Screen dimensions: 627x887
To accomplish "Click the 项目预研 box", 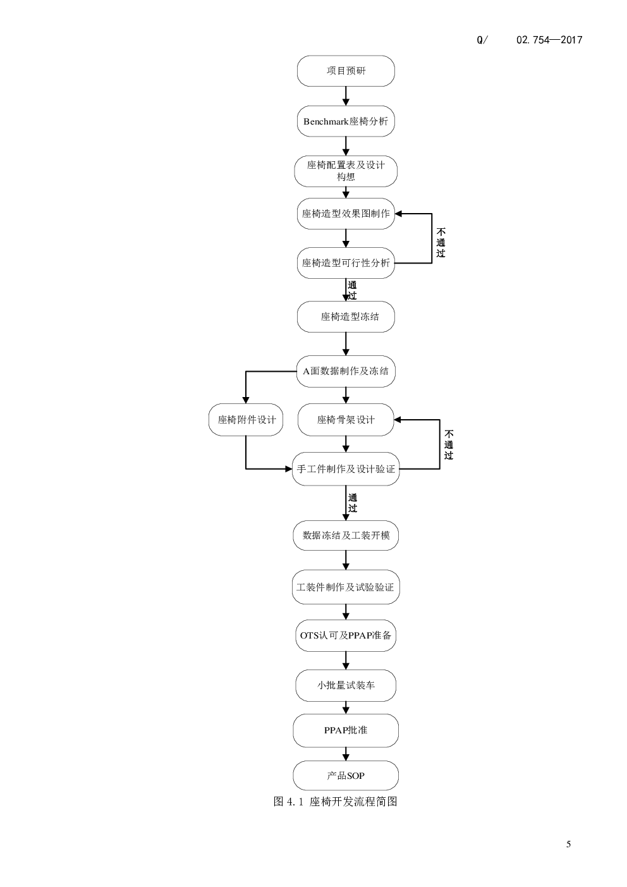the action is coord(346,71).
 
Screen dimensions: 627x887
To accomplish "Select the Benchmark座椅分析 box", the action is coord(346,121).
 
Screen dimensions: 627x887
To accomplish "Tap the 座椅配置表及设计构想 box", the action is coord(346,171).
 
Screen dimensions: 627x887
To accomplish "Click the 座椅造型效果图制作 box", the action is coord(346,214).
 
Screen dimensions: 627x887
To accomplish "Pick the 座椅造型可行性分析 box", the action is coord(346,263).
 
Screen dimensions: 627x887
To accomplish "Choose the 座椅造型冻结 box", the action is coord(346,317).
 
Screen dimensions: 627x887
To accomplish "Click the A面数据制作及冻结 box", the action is coord(346,371).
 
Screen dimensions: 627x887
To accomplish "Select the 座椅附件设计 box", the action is coord(246,420).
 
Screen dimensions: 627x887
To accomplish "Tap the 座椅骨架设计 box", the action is coord(346,420).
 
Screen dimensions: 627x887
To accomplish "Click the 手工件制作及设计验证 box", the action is coord(346,469).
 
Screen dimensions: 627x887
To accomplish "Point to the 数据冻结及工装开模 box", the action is coord(346,535).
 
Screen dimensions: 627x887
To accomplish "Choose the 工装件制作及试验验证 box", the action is coord(346,587).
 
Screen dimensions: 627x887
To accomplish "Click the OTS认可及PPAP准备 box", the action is coord(346,635).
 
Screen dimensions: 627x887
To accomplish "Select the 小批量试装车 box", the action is coord(346,685).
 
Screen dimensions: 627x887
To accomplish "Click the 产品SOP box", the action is coord(346,775).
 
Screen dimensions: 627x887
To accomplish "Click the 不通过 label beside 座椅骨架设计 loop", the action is coord(449,444).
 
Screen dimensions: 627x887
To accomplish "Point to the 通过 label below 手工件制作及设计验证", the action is coord(352,503).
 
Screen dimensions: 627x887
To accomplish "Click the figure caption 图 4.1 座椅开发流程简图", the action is coord(335,802).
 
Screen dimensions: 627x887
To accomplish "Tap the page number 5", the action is coord(568,844).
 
